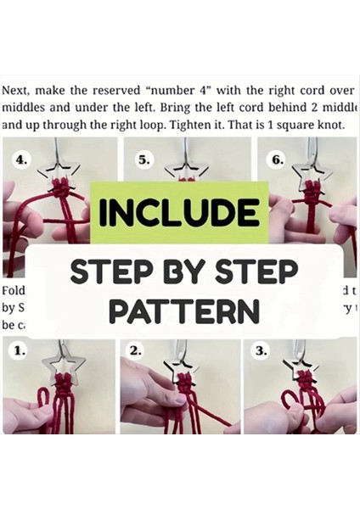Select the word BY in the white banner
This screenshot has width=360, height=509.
(185, 273)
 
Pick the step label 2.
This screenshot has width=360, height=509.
(137, 349)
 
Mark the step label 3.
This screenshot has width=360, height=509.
(260, 349)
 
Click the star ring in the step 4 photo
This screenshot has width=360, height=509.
(61, 173)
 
